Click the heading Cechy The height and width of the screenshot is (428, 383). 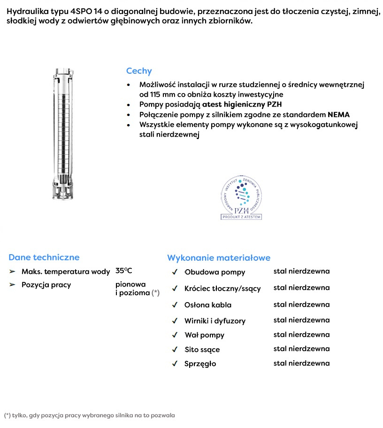pos(139,71)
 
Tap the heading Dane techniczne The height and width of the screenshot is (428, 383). pos(44,257)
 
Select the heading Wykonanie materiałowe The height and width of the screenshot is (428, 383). pos(219,258)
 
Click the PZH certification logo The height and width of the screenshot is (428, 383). pos(241,198)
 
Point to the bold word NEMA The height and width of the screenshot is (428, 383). pos(338,115)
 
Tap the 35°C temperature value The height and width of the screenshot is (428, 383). pos(124,271)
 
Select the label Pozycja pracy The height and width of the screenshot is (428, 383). pos(46,285)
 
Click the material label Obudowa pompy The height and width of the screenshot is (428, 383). pos(214,272)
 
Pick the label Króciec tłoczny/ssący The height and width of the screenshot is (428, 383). pos(222,288)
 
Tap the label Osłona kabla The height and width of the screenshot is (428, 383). pos(208,305)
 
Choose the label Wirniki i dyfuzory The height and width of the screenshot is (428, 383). pos(215,321)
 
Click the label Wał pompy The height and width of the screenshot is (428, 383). pos(204,335)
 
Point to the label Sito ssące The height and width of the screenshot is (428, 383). pos(202,350)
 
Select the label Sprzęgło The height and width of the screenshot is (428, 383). pos(200,364)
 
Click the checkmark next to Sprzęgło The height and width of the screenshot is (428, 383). pos(175,363)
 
